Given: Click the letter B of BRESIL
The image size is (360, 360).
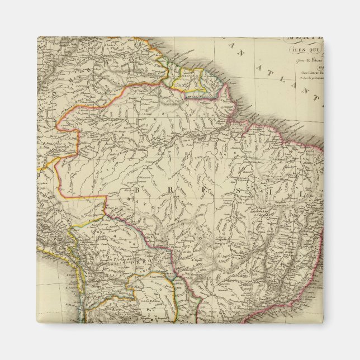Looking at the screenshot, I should click(x=138, y=190).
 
